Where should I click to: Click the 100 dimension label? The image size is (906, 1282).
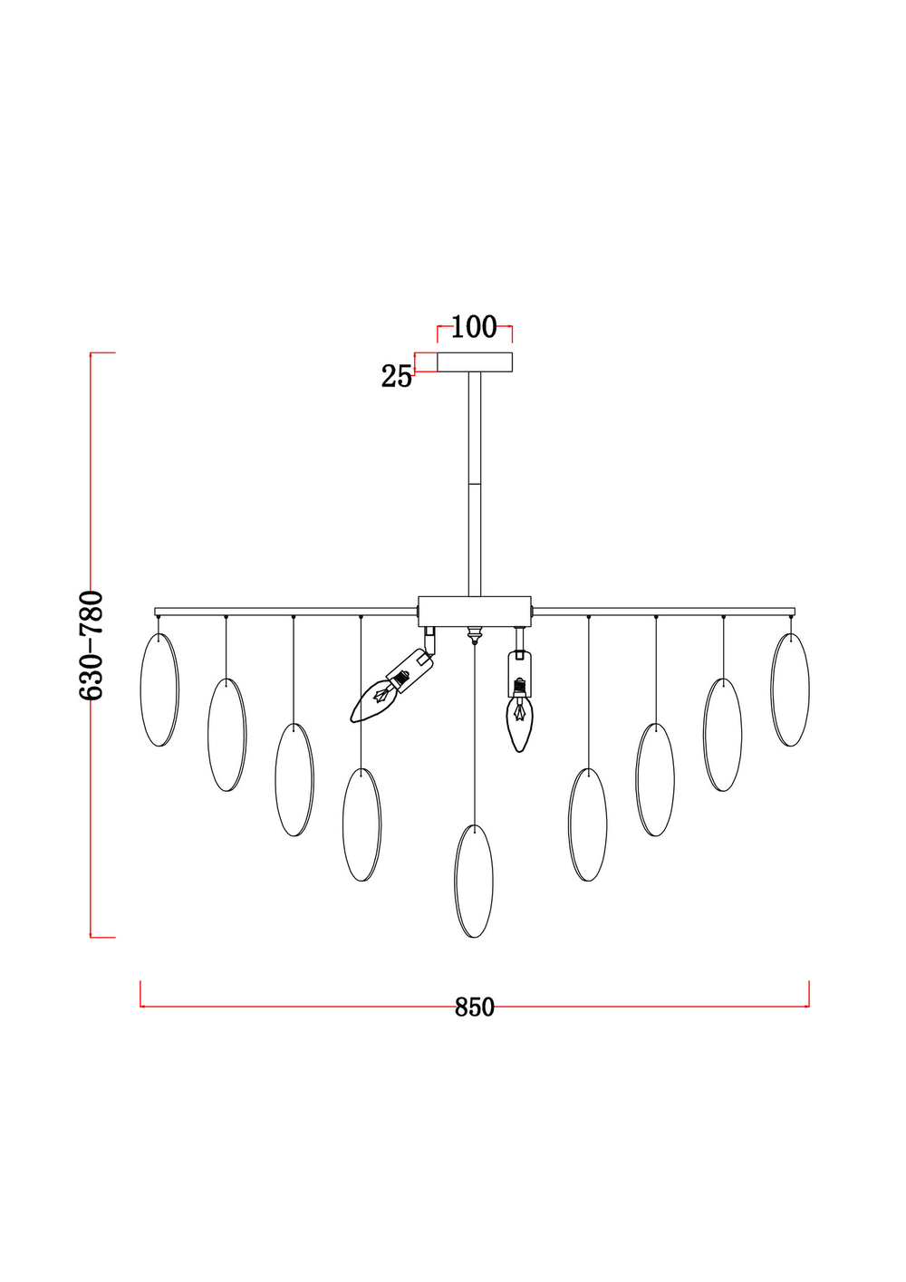point(474,327)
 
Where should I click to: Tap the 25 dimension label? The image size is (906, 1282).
point(397,377)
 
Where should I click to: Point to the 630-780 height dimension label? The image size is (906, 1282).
point(91,646)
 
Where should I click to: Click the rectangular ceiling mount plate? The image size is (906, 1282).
point(475,362)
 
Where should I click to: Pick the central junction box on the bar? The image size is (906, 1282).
point(475,612)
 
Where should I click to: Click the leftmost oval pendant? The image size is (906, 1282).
point(159,689)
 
